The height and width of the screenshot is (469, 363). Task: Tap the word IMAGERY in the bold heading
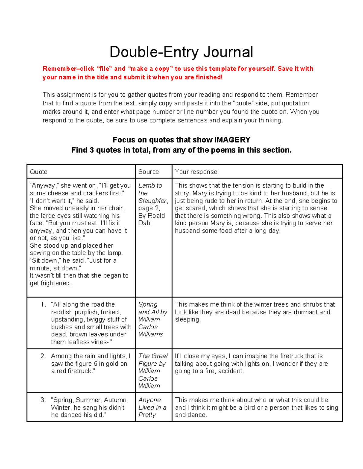[x=232, y=140]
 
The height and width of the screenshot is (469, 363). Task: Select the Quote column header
[x=38, y=172]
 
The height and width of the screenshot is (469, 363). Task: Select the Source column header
[x=148, y=172]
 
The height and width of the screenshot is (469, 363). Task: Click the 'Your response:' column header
[x=197, y=172]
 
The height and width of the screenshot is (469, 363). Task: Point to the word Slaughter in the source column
[x=152, y=201]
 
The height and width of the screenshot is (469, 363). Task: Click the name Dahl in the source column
[x=145, y=223]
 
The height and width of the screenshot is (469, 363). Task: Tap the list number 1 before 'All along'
[x=43, y=304]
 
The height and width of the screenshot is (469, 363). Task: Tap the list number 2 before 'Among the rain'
[x=43, y=356]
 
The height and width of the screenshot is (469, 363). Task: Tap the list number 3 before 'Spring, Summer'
[x=43, y=400]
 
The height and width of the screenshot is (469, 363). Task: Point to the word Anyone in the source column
[x=149, y=400]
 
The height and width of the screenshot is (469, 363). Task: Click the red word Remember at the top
[x=59, y=69]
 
